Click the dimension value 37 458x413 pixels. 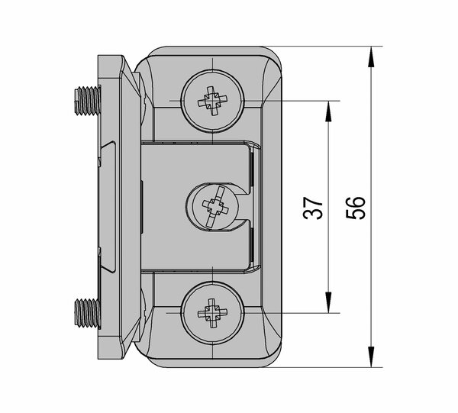click(x=313, y=208)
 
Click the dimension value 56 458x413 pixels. click(x=356, y=208)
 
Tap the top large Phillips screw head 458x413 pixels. click(x=213, y=101)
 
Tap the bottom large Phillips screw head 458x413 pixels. click(x=213, y=313)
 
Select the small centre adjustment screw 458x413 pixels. click(x=213, y=206)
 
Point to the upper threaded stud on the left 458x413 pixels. click(x=87, y=101)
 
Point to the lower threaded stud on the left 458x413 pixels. click(x=87, y=313)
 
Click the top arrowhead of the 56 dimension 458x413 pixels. click(x=371, y=56)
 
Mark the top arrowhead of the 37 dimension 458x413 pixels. click(x=328, y=111)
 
